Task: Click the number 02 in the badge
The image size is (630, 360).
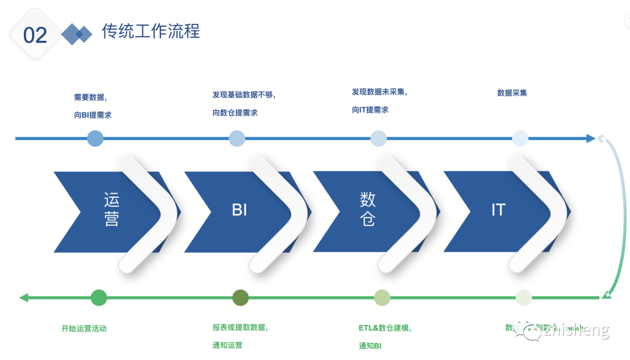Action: (x=35, y=35)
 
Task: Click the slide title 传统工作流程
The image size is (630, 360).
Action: (x=150, y=31)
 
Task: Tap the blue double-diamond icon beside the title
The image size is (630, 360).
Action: (x=77, y=34)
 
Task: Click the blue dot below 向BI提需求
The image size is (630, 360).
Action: (x=95, y=138)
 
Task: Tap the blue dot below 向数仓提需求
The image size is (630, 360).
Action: (x=237, y=138)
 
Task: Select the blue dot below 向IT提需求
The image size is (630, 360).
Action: (x=379, y=138)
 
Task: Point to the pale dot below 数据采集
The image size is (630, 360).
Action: (x=520, y=138)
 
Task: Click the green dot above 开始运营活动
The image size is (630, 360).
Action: (x=99, y=298)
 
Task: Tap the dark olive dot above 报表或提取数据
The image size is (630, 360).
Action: (x=240, y=298)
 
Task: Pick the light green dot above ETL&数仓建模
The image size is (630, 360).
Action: (x=382, y=298)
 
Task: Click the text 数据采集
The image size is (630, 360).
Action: (x=512, y=93)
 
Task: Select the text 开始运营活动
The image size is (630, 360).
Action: (x=84, y=328)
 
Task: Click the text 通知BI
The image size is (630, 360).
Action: (x=370, y=346)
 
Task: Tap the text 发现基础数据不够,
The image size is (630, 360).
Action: (x=244, y=95)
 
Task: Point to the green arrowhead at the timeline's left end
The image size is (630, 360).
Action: (x=24, y=298)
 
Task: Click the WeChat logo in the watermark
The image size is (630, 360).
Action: (x=532, y=331)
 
